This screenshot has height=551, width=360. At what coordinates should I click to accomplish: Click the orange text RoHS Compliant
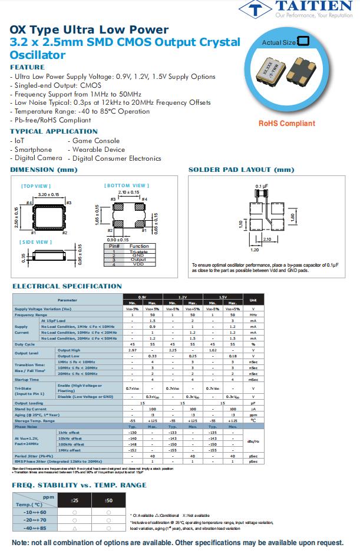pyautogui.click(x=286, y=124)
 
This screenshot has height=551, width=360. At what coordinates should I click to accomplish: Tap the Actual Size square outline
pyautogui.click(x=303, y=42)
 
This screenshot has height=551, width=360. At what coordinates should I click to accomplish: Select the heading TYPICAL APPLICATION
pyautogui.click(x=54, y=131)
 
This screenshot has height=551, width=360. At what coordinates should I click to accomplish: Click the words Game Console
pyautogui.click(x=96, y=141)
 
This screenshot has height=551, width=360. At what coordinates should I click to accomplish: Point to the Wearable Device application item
pyautogui.click(x=98, y=150)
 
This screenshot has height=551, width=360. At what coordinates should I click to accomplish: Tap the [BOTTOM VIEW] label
pyautogui.click(x=126, y=186)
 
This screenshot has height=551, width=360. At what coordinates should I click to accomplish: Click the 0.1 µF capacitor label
pyautogui.click(x=262, y=186)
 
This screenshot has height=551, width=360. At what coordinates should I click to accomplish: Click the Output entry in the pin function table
pyautogui.click(x=138, y=260)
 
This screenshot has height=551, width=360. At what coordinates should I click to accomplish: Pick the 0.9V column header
pyautogui.click(x=142, y=297)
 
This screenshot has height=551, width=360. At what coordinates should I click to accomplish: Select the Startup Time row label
pyautogui.click(x=27, y=380)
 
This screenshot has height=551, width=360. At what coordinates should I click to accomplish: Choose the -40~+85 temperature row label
pyautogui.click(x=36, y=529)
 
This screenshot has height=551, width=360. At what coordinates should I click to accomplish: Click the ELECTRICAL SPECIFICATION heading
pyautogui.click(x=67, y=286)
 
